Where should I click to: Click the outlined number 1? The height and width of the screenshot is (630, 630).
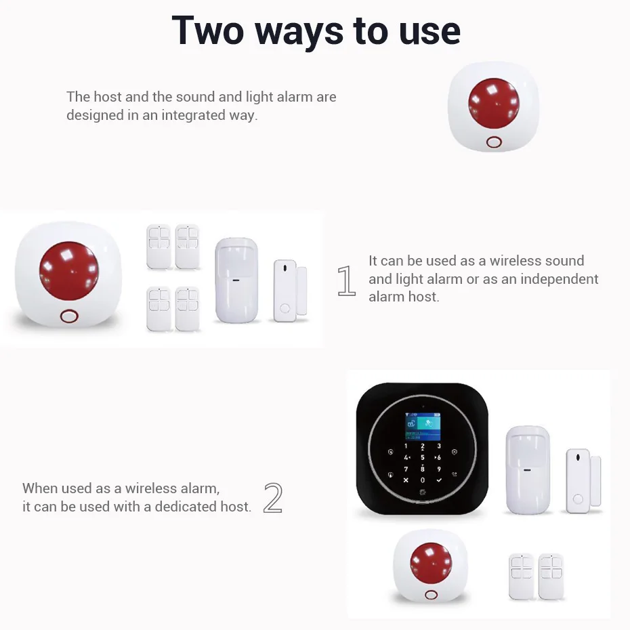(x=346, y=281)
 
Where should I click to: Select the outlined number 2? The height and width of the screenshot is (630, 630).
(x=272, y=498)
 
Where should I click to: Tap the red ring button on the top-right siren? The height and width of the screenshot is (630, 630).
(x=493, y=142)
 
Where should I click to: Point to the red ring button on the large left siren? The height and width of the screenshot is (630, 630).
(x=68, y=316)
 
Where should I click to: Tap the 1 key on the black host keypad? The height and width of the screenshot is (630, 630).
(x=406, y=446)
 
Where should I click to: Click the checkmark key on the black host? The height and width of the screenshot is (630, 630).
(x=438, y=480)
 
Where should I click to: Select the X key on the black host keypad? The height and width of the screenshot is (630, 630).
(x=406, y=480)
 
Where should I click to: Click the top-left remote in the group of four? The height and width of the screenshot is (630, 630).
(x=159, y=246)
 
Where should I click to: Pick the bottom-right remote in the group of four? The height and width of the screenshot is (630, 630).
(x=188, y=309)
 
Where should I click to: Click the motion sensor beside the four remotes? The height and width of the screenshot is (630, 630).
(x=236, y=280)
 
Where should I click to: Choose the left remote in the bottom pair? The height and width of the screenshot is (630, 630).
(x=522, y=576)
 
